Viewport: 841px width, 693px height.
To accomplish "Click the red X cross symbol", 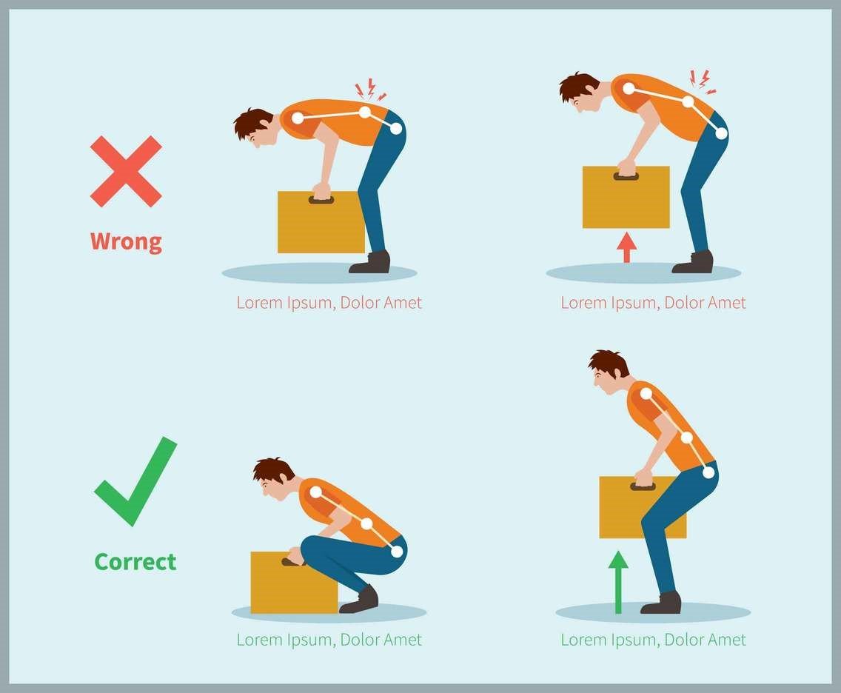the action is (126, 171).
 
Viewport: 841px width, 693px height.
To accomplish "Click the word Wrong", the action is (126, 241).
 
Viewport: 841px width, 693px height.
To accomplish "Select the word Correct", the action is (135, 562).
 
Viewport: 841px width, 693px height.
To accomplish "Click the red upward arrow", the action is (626, 247).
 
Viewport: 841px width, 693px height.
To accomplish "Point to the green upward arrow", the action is (618, 582).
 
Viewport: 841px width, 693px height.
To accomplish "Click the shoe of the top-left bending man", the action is (370, 262).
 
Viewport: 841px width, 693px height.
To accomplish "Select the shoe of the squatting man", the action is (360, 600).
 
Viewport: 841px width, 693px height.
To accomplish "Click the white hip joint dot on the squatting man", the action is (397, 551).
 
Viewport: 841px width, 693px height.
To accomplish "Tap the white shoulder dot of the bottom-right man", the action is (646, 394).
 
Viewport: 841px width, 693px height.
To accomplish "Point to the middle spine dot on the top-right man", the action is (688, 102).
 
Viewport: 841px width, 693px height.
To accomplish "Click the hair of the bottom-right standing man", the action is (611, 363).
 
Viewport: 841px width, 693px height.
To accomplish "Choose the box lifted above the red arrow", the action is (626, 198).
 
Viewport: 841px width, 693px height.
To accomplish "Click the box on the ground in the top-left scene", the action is (321, 222).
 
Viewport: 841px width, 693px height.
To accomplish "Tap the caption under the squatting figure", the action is (329, 640).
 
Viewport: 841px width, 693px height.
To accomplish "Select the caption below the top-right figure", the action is (653, 303).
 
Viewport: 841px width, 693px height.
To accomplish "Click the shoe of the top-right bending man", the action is (693, 262).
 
